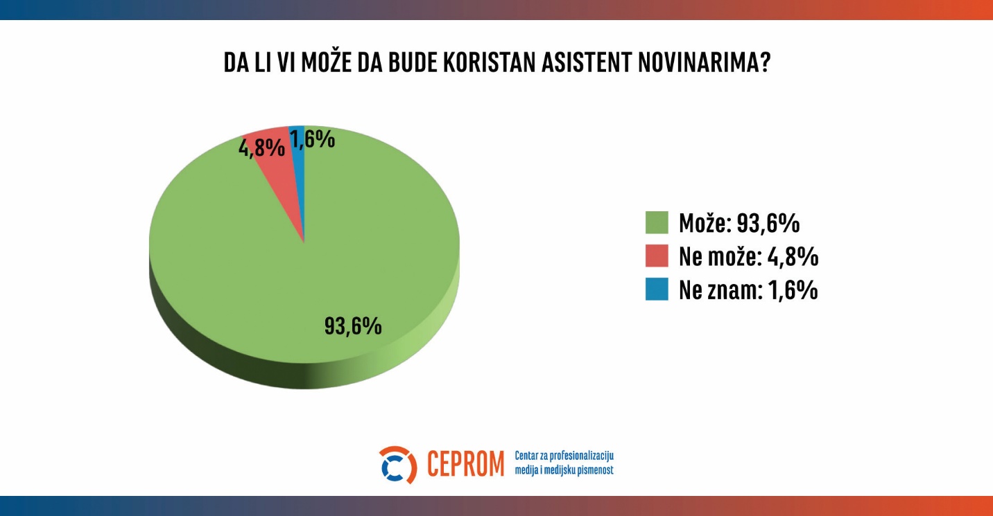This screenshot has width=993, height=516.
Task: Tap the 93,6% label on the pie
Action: [353, 326]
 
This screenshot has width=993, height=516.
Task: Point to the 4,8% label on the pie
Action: [261, 148]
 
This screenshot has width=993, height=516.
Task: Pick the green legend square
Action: [657, 223]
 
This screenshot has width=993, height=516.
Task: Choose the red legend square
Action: [657, 256]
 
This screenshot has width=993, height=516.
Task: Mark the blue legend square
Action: [657, 290]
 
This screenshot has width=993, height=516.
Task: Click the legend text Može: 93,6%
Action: [739, 223]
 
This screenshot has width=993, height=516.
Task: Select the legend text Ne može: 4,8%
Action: [749, 256]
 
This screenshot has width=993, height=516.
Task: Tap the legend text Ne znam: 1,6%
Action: [748, 290]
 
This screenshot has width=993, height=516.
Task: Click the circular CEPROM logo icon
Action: [398, 465]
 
